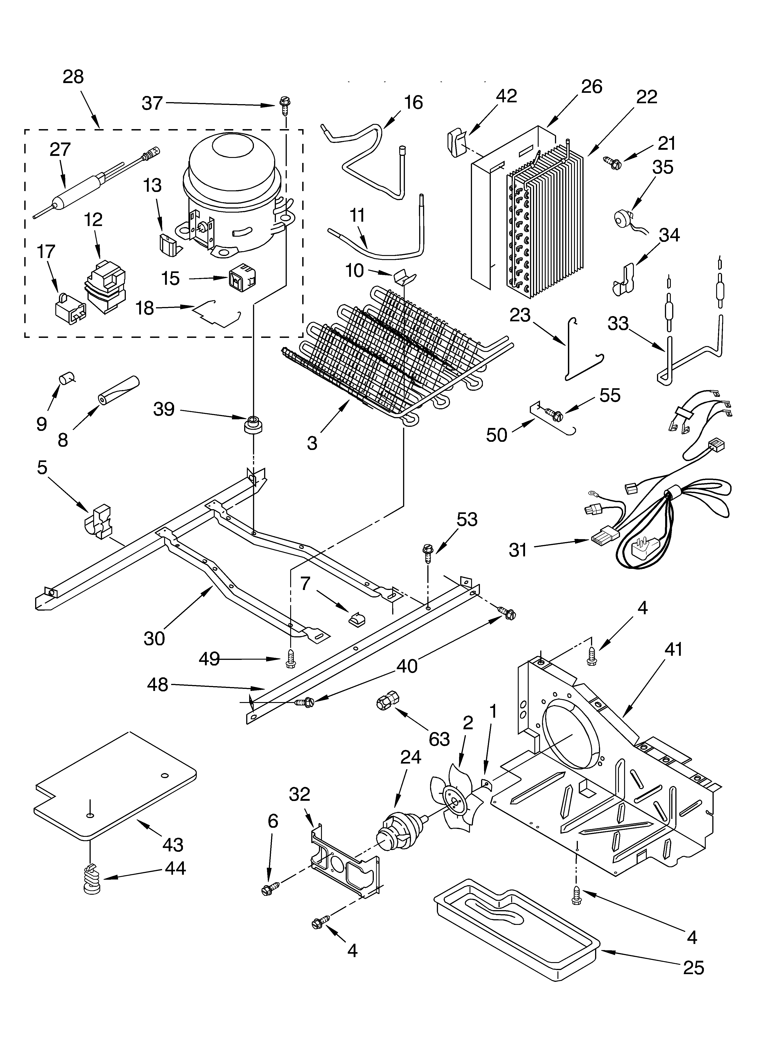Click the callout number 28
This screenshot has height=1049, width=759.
coord(73,77)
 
